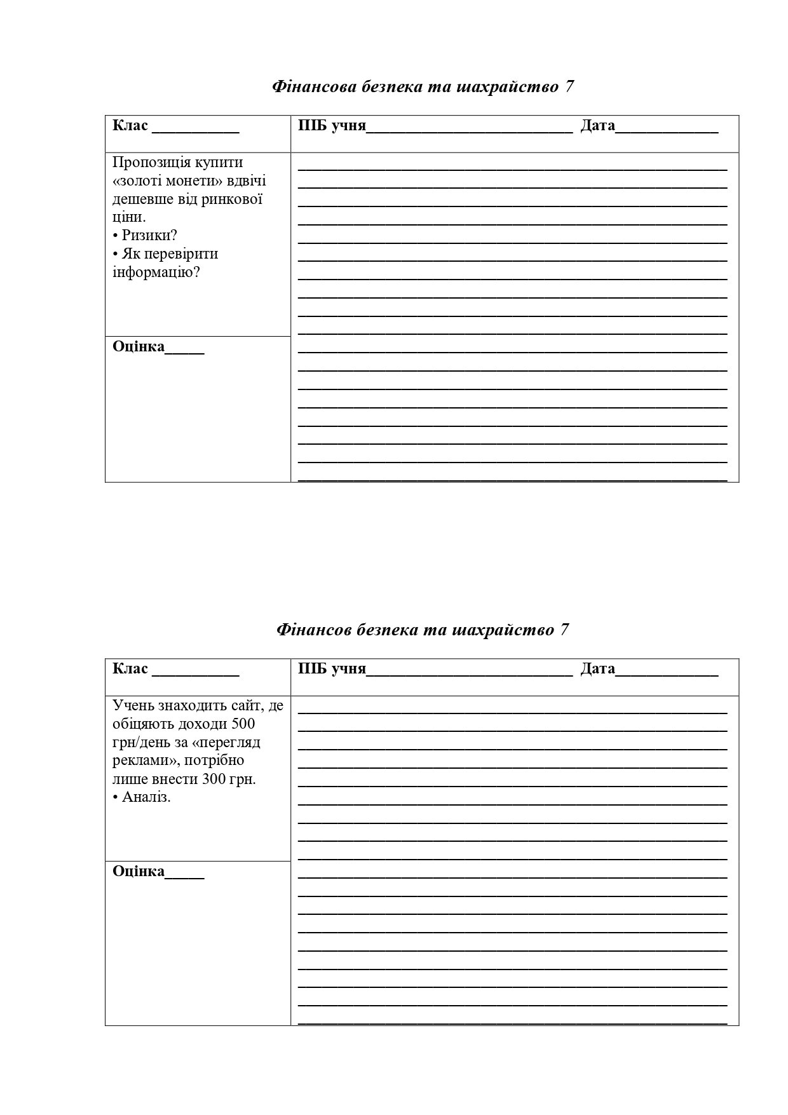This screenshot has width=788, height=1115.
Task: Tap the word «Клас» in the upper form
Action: (x=130, y=125)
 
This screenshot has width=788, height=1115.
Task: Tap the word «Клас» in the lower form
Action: (x=130, y=668)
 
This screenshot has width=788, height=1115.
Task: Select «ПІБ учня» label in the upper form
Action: (x=332, y=125)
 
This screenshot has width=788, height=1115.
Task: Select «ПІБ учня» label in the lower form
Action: (x=332, y=668)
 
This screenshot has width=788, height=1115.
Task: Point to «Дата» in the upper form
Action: (x=597, y=125)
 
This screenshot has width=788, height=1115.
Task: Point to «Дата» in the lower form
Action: (x=597, y=668)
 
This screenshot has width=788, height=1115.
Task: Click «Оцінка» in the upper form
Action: (x=139, y=347)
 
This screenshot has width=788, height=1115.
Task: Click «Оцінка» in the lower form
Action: (x=139, y=871)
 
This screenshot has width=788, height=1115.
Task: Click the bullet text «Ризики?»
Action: (x=149, y=235)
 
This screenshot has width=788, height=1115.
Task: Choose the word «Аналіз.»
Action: (x=146, y=797)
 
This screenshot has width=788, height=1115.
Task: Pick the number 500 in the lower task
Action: (x=243, y=724)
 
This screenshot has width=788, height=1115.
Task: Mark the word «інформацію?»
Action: (x=156, y=273)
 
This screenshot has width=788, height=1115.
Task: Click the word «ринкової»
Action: (x=232, y=199)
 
